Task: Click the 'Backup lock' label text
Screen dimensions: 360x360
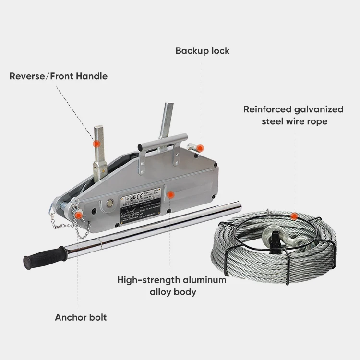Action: (202, 50)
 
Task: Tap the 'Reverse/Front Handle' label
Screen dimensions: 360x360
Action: (59, 76)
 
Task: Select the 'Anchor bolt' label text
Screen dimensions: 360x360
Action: (81, 317)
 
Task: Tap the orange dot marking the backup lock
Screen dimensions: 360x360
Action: (200, 148)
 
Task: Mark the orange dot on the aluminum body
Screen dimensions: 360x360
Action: (170, 194)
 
